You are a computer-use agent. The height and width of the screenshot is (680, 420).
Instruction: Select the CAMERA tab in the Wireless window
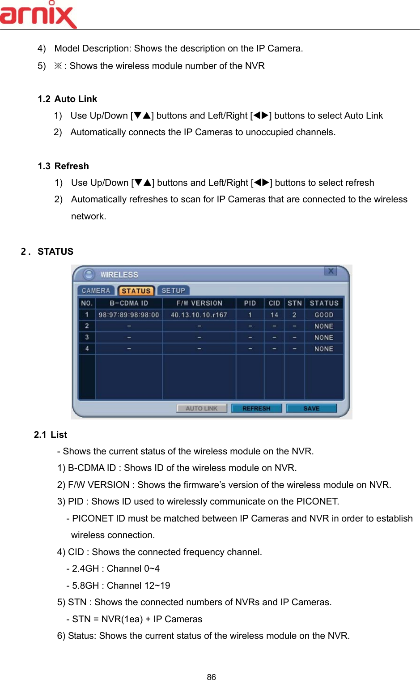click(96, 291)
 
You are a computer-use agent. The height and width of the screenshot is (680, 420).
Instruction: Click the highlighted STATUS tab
click(136, 291)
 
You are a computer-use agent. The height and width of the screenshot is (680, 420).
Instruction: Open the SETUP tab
click(173, 291)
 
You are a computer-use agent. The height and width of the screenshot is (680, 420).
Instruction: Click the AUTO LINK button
click(201, 408)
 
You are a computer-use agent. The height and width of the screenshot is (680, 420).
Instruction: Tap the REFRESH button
click(256, 408)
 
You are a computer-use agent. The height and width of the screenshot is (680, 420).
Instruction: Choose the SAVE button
click(311, 408)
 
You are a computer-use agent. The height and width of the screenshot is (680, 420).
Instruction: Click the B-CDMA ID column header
click(129, 303)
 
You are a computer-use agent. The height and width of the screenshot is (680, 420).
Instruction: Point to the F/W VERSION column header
click(199, 303)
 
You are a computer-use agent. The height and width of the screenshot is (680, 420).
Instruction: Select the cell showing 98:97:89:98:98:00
click(129, 315)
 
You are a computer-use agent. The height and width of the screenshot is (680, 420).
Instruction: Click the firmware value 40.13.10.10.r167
click(199, 315)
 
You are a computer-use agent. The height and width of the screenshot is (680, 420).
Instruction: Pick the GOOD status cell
click(324, 315)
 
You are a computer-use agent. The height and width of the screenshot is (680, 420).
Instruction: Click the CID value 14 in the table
click(274, 315)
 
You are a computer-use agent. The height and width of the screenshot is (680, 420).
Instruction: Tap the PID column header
click(250, 303)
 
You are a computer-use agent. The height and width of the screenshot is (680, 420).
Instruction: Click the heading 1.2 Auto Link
click(68, 99)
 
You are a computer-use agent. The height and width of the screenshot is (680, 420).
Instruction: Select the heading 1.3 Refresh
click(64, 166)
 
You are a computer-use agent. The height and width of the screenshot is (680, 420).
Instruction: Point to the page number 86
click(211, 677)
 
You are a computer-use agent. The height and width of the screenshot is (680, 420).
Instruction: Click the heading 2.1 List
click(51, 435)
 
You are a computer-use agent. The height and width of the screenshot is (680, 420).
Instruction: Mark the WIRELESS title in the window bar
click(119, 274)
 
